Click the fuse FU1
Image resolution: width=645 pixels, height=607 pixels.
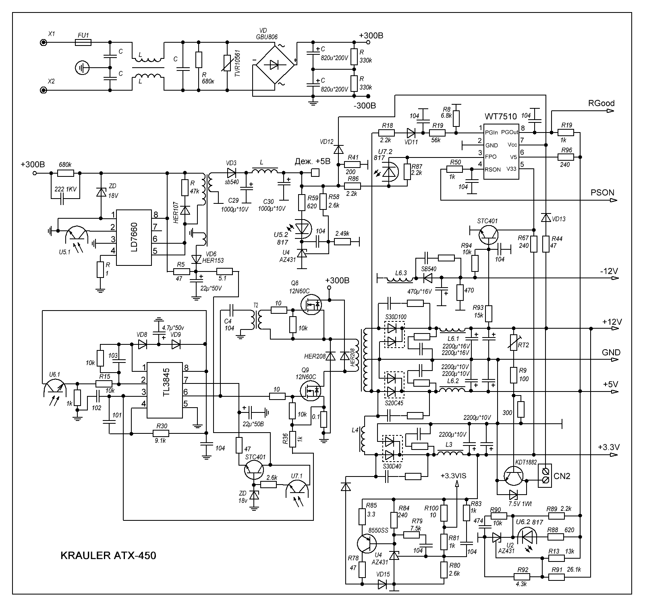(x=83, y=42)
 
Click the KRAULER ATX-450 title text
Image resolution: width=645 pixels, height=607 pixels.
(x=108, y=556)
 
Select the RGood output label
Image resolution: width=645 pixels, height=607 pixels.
(x=601, y=104)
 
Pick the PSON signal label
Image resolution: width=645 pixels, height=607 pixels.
(x=602, y=193)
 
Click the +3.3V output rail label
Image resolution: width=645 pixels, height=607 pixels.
(x=608, y=447)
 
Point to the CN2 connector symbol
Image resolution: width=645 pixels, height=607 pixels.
(x=546, y=476)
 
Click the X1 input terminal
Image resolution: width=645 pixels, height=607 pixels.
(x=42, y=42)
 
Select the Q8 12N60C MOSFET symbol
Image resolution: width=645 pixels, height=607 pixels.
(x=311, y=305)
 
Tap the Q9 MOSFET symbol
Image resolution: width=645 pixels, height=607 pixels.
(x=311, y=390)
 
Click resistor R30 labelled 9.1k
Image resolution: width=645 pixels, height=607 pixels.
(x=161, y=433)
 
